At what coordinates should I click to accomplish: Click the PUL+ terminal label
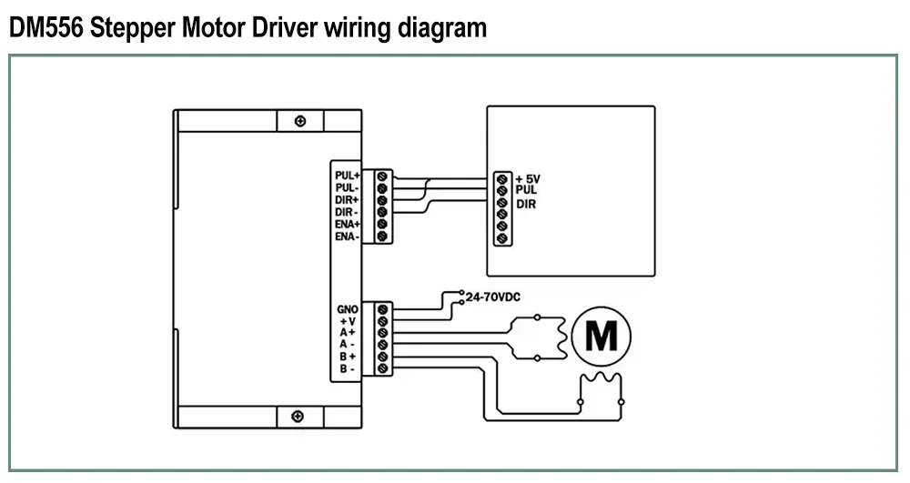(x=347, y=176)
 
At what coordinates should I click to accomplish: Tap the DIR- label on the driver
(x=347, y=212)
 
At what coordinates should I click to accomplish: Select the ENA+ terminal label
(x=347, y=224)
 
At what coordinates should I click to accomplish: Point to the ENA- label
(x=347, y=236)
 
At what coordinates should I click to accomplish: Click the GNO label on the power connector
(x=347, y=309)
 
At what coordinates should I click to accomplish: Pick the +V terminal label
(x=348, y=321)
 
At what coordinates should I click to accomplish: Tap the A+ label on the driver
(x=348, y=332)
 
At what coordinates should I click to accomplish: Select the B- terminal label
(x=347, y=368)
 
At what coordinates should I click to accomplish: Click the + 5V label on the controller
(x=528, y=179)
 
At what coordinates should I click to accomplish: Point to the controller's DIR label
(x=526, y=204)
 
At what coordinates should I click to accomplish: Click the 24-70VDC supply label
(x=492, y=297)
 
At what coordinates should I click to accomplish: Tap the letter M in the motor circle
(x=602, y=336)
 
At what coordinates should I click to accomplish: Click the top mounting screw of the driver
(x=300, y=121)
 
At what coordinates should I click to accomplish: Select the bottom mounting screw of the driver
(x=298, y=417)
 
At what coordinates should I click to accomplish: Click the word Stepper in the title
(x=132, y=28)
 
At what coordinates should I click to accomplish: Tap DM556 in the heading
(x=46, y=27)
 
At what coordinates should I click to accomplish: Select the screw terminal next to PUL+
(x=382, y=176)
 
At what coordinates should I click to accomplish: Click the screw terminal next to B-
(x=382, y=368)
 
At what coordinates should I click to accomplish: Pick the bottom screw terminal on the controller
(x=502, y=237)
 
